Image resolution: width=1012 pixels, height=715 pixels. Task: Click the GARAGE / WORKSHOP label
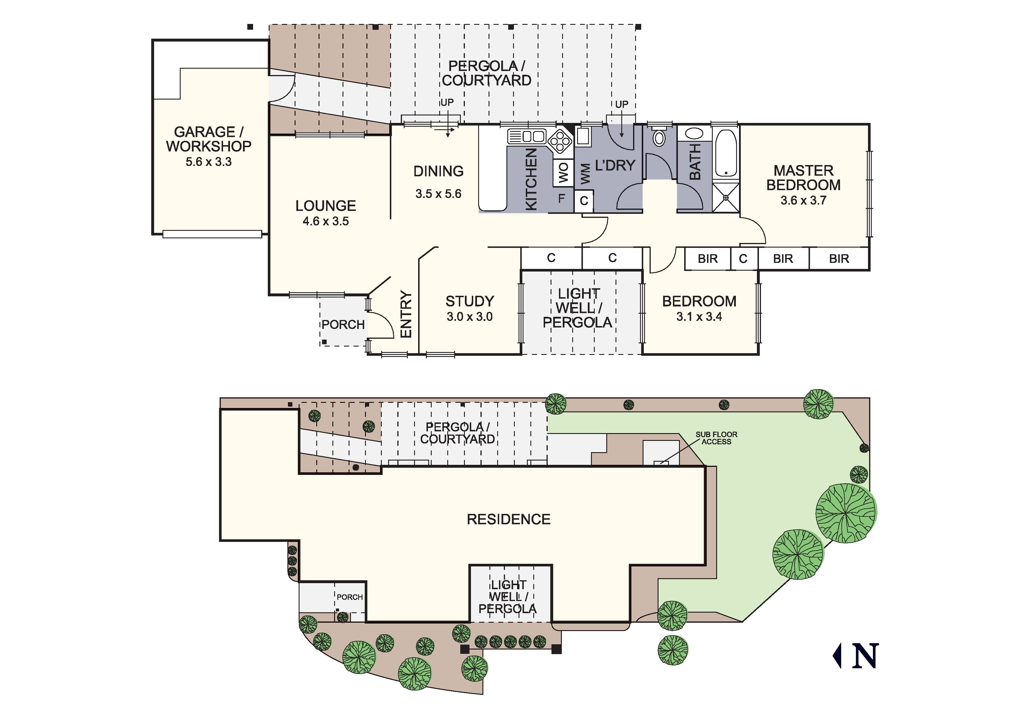[x=208, y=139]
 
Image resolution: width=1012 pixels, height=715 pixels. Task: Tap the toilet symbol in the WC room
[x=659, y=138]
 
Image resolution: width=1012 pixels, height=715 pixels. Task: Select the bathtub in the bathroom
[x=725, y=153]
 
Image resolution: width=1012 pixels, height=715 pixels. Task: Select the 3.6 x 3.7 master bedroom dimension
[x=803, y=201]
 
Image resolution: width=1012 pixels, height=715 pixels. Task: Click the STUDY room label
[x=469, y=302]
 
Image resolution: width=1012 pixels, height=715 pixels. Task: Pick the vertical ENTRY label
[x=405, y=314]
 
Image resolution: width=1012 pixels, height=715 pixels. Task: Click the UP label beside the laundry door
[x=622, y=104]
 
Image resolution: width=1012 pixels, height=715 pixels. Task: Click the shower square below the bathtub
[x=725, y=197]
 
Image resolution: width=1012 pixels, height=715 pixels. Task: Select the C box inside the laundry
[x=584, y=201]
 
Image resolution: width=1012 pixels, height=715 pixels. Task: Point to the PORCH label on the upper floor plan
[x=343, y=325]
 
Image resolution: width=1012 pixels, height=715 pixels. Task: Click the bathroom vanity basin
[x=694, y=134]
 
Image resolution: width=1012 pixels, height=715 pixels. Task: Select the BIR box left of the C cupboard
[x=708, y=259]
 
